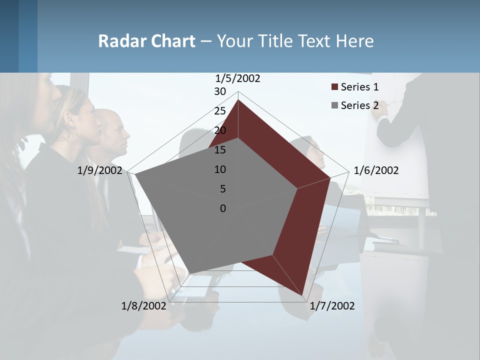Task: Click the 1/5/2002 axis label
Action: pyautogui.click(x=237, y=78)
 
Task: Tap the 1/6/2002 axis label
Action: pyautogui.click(x=376, y=170)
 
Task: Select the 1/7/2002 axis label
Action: pyautogui.click(x=332, y=306)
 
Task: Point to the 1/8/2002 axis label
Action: pyautogui.click(x=143, y=306)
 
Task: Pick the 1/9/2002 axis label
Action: pyautogui.click(x=100, y=170)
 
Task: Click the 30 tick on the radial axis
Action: pyautogui.click(x=220, y=91)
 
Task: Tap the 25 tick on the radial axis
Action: pyautogui.click(x=220, y=111)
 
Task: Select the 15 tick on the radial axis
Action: pyautogui.click(x=220, y=150)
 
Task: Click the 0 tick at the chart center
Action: pyautogui.click(x=223, y=208)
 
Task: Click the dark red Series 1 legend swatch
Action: pyautogui.click(x=334, y=87)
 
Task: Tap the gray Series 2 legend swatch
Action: pyautogui.click(x=334, y=105)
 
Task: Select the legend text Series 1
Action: pyautogui.click(x=359, y=87)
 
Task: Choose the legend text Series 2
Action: pyautogui.click(x=359, y=105)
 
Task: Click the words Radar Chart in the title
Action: pyautogui.click(x=146, y=41)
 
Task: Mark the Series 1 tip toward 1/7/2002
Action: pyautogui.click(x=302, y=295)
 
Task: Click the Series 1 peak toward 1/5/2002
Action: pyautogui.click(x=238, y=100)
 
